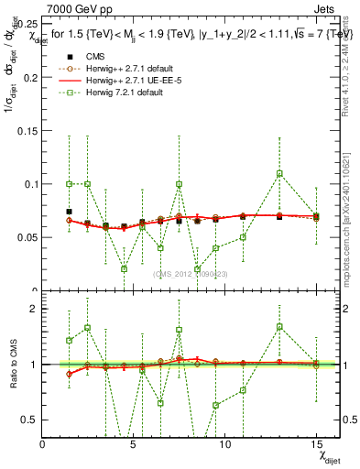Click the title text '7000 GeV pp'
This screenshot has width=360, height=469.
tap(71, 8)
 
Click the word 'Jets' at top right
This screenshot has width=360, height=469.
tap(328, 8)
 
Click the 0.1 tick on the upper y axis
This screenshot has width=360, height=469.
tap(29, 184)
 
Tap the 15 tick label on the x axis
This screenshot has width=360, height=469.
tap(316, 443)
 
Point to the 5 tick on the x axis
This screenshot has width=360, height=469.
tap(134, 443)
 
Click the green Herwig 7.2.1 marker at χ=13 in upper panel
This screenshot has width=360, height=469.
tap(279, 173)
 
